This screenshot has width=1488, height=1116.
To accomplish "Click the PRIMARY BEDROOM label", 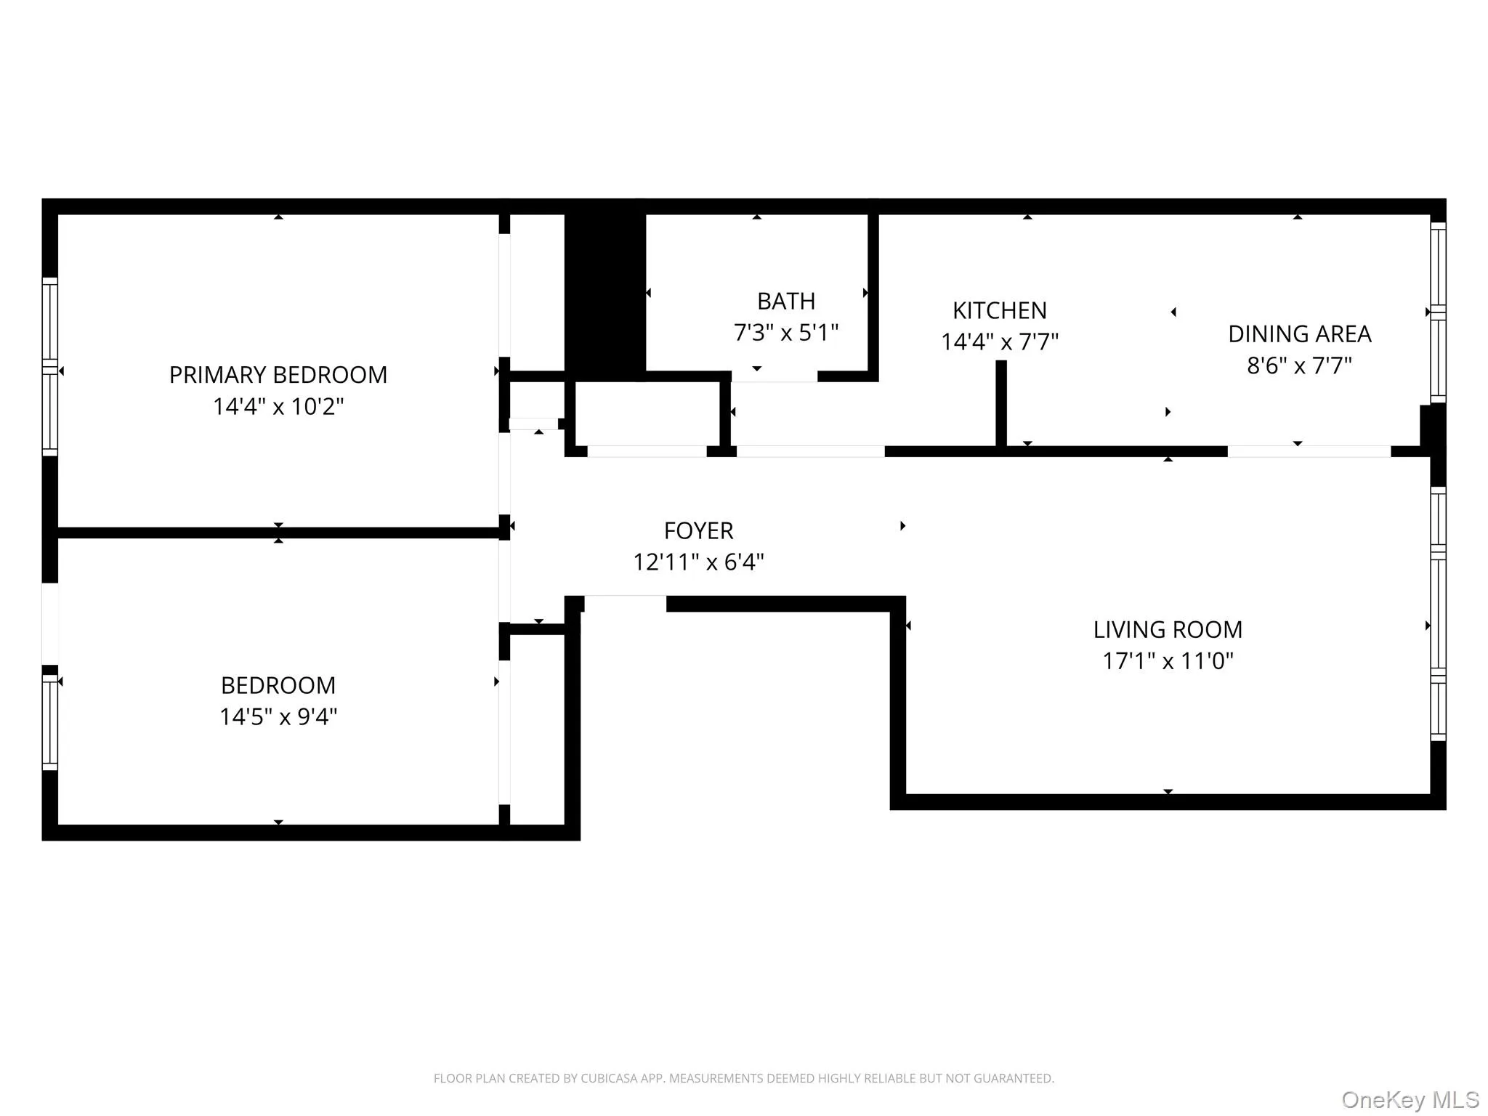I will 278,375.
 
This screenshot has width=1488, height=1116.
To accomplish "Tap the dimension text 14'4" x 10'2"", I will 278,406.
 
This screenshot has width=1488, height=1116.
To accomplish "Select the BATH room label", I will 785,301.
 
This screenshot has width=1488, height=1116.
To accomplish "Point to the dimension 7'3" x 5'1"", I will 785,333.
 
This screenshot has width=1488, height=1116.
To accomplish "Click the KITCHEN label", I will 999,311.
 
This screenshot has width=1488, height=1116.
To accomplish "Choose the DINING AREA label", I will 1299,334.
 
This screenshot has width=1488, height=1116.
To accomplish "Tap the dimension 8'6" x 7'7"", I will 1299,365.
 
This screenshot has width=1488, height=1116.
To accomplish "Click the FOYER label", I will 698,531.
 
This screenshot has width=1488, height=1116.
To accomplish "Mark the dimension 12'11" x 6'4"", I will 698,562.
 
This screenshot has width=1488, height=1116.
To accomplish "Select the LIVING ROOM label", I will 1168,630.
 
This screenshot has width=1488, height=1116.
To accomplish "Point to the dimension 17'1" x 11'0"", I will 1168,661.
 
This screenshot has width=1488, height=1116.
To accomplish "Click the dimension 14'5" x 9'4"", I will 278,717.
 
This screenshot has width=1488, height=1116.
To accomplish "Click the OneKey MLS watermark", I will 1410,1100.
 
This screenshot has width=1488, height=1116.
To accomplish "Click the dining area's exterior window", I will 1438,312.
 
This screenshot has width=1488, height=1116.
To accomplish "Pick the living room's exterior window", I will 1438,614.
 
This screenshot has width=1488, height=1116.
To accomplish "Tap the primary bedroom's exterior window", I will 49,367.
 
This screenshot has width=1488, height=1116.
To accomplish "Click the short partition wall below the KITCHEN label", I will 1000,403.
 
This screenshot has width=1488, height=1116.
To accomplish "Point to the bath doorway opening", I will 774,377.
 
